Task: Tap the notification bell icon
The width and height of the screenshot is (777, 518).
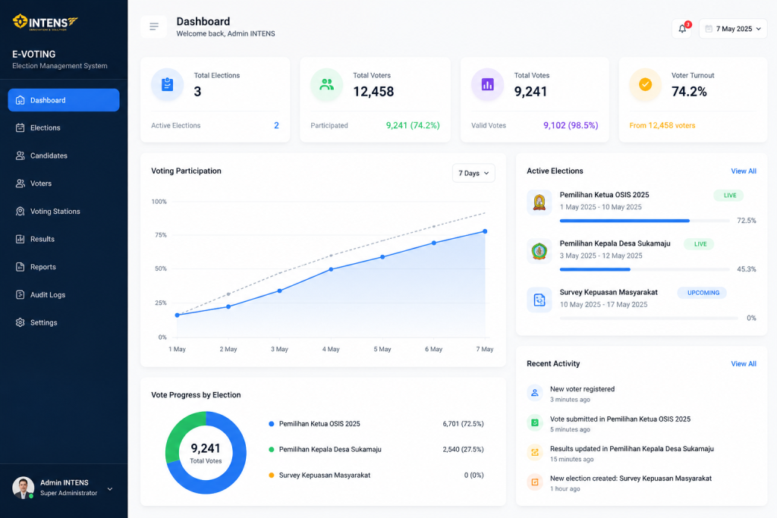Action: (x=682, y=29)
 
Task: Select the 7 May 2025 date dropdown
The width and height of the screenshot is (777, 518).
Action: (x=733, y=29)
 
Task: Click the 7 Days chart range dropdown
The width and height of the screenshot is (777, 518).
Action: (x=473, y=173)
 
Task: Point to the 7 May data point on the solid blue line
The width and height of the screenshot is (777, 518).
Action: (x=485, y=231)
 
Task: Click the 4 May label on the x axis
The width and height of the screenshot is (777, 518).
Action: (x=331, y=349)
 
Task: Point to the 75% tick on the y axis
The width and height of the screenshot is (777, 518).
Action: (x=161, y=235)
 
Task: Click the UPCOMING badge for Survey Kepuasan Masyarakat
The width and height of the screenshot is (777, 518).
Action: (x=703, y=293)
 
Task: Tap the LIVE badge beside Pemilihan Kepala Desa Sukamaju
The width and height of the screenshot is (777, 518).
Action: (x=700, y=244)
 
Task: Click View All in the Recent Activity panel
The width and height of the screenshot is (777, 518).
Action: (x=744, y=363)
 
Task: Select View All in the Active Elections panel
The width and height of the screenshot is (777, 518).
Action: (x=744, y=171)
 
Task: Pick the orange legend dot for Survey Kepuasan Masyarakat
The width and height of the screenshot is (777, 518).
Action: (x=271, y=475)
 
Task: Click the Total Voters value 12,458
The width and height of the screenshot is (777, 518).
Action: (x=373, y=92)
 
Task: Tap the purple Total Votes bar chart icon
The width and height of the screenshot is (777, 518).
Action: (x=488, y=85)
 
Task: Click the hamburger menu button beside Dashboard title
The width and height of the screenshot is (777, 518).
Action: (x=153, y=27)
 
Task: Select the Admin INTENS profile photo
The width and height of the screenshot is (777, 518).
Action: (x=23, y=488)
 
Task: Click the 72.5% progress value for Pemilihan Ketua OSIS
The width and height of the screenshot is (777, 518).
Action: (x=747, y=221)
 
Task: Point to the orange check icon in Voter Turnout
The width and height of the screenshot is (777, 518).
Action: (x=645, y=85)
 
